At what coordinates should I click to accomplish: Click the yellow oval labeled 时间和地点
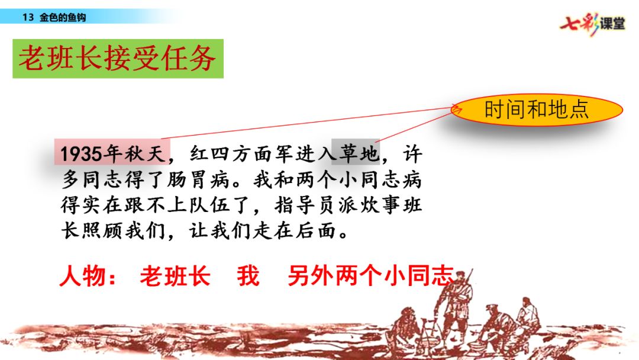(537, 110)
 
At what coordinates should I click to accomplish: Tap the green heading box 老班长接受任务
(118, 59)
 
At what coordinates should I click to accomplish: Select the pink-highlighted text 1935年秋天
(112, 153)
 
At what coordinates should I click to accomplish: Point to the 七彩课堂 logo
(592, 23)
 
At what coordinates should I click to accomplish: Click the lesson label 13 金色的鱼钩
(54, 17)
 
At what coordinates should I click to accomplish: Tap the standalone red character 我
(248, 276)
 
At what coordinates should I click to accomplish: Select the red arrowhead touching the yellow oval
(457, 108)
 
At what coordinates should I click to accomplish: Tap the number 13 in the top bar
(28, 18)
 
